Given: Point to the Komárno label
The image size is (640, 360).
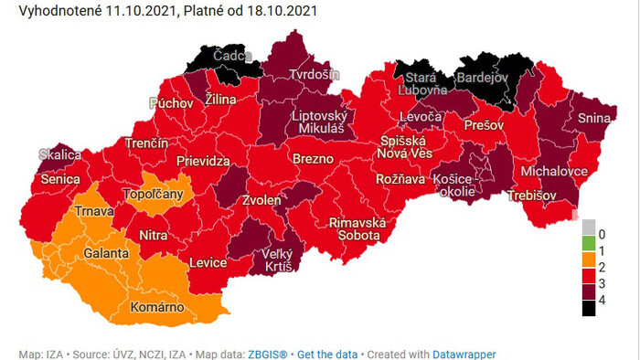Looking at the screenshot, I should (x=158, y=307).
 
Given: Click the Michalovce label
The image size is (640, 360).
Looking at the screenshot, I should (x=554, y=172).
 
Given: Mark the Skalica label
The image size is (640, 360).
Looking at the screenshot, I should (x=59, y=155).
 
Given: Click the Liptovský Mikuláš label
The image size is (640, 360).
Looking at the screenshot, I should (x=316, y=123).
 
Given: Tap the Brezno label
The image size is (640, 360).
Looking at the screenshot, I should (x=314, y=160).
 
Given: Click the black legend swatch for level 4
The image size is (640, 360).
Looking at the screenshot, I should (x=589, y=308).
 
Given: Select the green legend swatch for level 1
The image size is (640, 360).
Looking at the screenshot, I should (x=589, y=244).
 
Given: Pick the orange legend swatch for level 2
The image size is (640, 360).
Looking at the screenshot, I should (x=589, y=265).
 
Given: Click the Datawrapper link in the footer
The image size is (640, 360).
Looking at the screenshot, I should (x=464, y=354).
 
